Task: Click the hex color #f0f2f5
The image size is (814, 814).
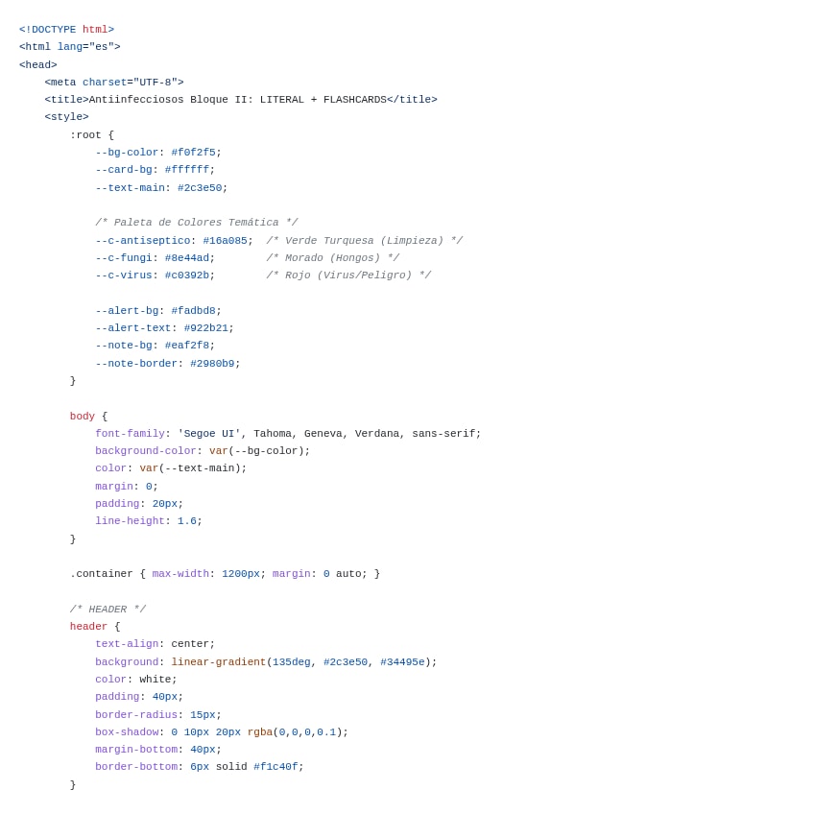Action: (x=193, y=153)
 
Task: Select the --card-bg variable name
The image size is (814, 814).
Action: (x=123, y=170)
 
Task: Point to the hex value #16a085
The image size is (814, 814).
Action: (x=225, y=241)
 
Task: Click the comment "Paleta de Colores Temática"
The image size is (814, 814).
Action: (x=196, y=223)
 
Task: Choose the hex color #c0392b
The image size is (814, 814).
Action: (x=186, y=275)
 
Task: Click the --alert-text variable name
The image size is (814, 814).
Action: (x=132, y=328)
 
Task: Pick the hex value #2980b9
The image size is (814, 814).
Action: (x=212, y=364)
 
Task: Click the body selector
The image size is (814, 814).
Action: (x=83, y=417)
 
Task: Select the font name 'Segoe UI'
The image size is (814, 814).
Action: (x=208, y=434)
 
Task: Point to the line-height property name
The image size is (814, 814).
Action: (x=130, y=521)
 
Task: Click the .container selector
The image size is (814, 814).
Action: (x=101, y=574)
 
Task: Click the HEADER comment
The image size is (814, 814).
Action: (x=108, y=610)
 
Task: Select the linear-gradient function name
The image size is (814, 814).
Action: (x=218, y=662)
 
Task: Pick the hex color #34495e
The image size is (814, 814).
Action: (x=402, y=662)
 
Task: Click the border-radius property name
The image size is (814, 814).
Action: (x=135, y=714)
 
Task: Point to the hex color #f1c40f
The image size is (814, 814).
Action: (x=275, y=767)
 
